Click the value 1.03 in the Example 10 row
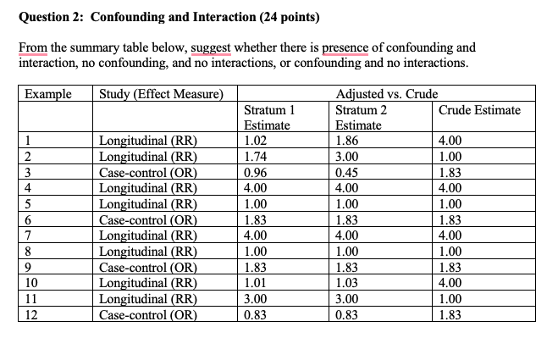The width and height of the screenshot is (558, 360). pos(348,279)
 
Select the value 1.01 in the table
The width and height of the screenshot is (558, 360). pos(255,279)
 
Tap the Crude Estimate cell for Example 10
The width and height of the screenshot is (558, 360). pos(450,279)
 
